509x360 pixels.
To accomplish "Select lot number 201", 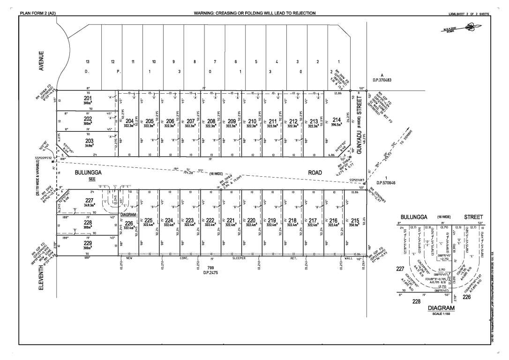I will tap(88, 98).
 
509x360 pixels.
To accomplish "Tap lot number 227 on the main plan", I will tap(90, 200).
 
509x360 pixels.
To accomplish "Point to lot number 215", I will tap(355, 220).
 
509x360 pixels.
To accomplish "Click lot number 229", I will tap(88, 243).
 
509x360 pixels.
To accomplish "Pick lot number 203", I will tap(89, 141).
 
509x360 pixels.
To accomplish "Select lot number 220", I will tap(251, 220).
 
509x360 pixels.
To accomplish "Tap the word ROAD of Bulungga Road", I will tap(315, 172).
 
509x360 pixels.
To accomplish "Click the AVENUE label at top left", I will tap(41, 61).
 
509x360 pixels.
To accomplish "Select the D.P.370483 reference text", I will tap(382, 80).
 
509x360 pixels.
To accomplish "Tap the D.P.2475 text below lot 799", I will tap(210, 272).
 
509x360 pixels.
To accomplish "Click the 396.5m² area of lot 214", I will tap(337, 126).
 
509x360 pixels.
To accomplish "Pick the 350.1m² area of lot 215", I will tap(355, 225).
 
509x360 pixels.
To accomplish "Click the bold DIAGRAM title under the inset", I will tap(442, 308).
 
